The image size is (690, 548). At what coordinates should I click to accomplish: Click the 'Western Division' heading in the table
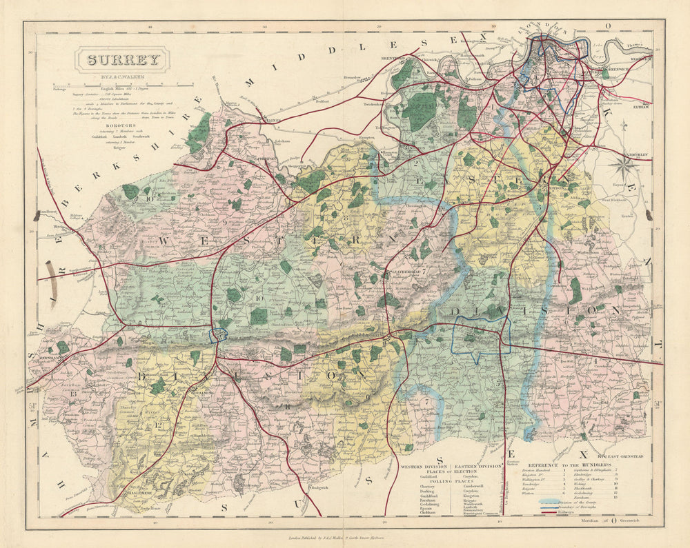pyautogui.click(x=426, y=466)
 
